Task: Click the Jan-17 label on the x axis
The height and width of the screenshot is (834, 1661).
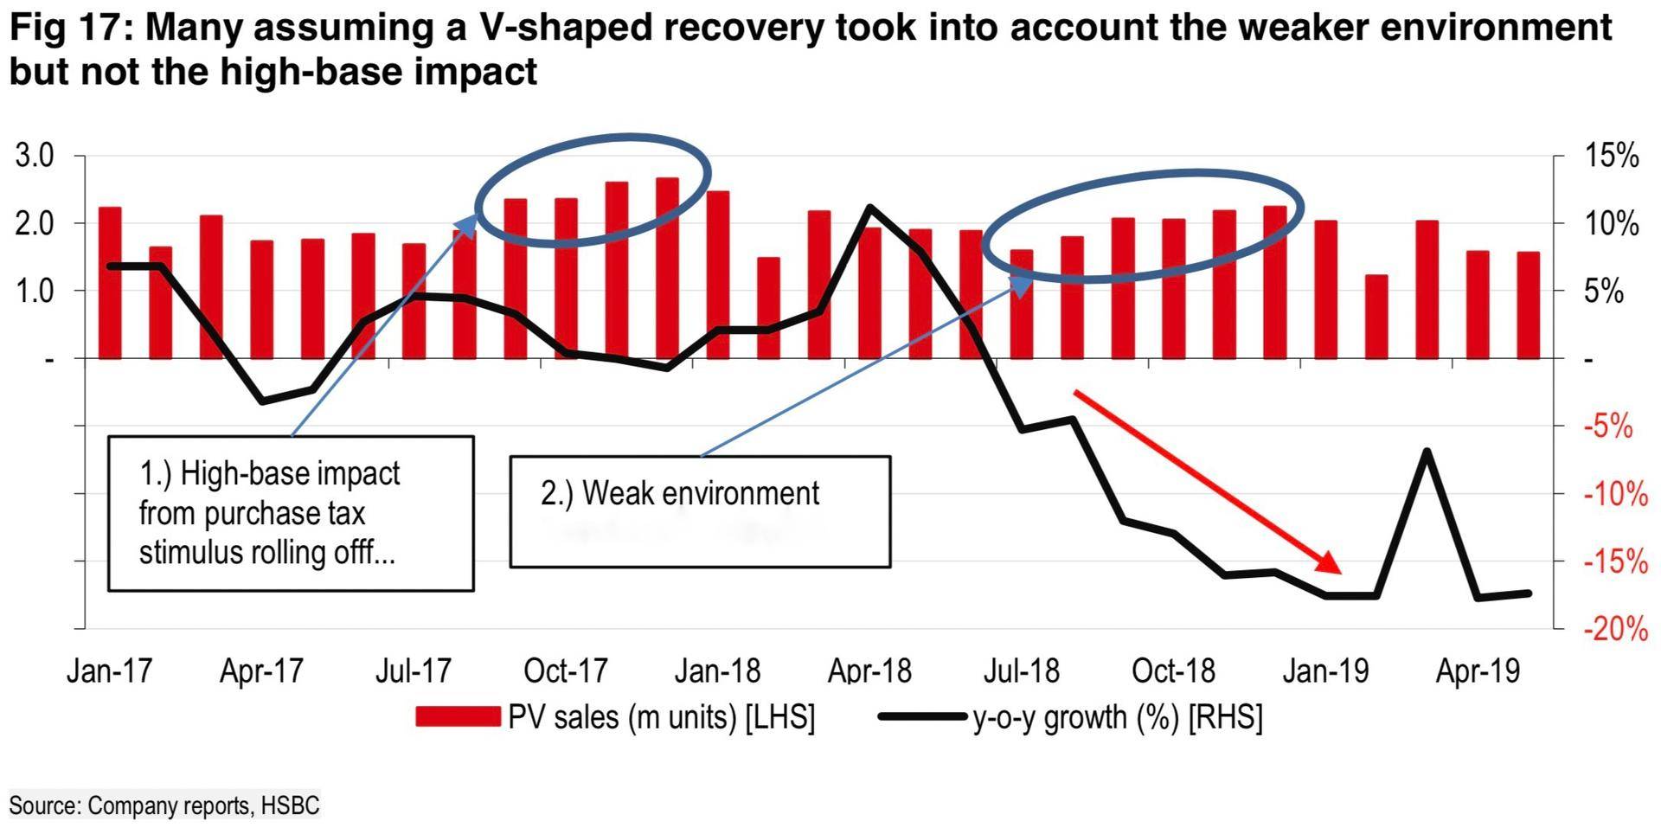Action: coord(109,671)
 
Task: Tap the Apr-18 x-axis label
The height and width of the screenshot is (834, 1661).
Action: coord(869,671)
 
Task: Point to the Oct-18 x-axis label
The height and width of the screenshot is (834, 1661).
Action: coord(1173,671)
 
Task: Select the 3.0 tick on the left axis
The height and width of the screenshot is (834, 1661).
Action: coord(35,157)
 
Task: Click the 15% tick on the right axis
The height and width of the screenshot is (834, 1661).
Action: coord(1611,157)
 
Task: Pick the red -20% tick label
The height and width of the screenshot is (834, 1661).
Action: coord(1615,629)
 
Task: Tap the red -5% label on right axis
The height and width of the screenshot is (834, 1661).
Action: coord(1609,427)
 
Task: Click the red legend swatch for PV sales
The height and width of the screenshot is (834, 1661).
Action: coord(458,717)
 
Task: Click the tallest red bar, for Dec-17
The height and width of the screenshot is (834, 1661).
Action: coord(667,268)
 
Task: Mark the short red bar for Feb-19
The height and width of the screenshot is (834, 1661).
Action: coord(1376,317)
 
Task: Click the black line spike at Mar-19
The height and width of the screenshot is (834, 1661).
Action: coord(1427,451)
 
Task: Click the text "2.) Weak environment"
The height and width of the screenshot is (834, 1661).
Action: coord(680,493)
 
